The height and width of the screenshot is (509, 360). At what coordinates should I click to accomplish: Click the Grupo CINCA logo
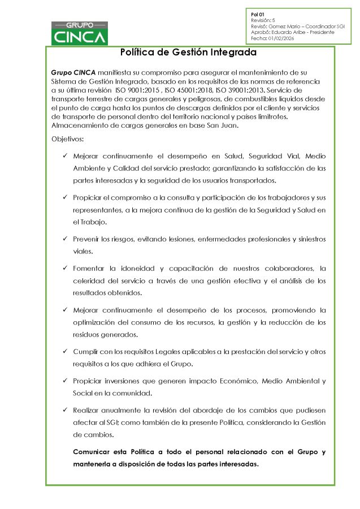click(80, 33)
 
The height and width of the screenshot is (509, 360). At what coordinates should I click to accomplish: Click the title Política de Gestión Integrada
click(189, 53)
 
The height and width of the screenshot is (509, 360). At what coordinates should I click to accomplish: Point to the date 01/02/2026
click(284, 38)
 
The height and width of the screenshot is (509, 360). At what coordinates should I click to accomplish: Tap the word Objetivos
click(67, 139)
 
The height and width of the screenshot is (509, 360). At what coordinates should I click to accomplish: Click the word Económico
click(236, 381)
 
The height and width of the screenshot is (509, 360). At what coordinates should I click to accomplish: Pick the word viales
click(83, 251)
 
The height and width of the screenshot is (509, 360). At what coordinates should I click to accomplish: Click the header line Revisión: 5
click(263, 19)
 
